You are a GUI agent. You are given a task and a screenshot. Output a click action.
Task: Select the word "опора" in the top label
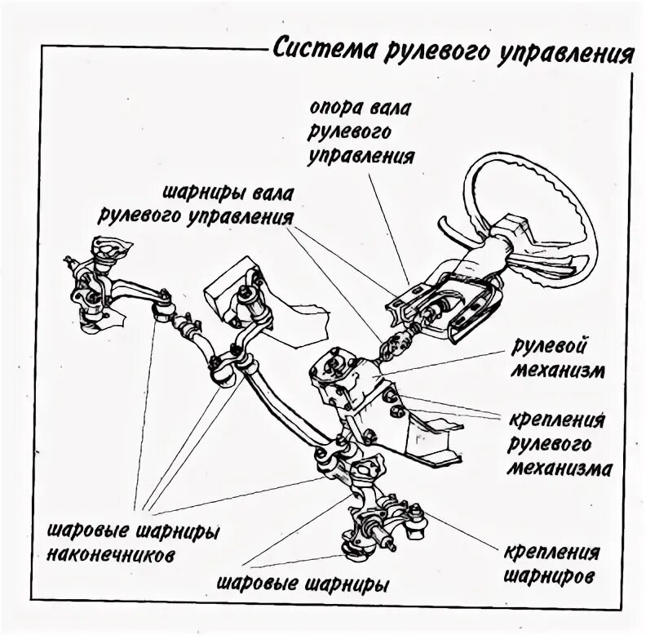click(x=331, y=109)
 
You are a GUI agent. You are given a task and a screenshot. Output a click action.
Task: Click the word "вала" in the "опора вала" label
click(x=387, y=109)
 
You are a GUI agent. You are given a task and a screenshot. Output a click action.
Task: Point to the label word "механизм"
click(x=558, y=371)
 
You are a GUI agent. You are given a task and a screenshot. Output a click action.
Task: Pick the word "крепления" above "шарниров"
click(x=552, y=552)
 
